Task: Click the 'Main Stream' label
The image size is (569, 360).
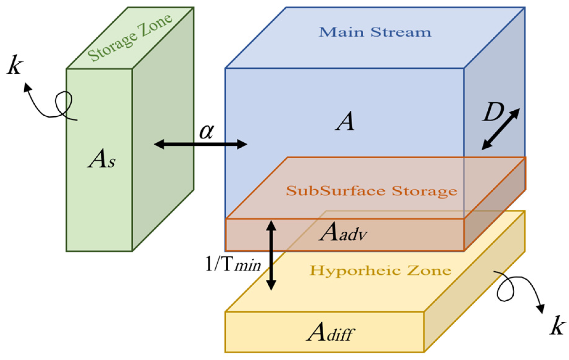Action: (x=375, y=32)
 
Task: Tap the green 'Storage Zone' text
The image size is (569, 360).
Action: (x=130, y=38)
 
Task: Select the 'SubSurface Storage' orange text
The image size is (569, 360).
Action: (x=371, y=191)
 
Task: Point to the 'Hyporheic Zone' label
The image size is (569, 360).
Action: (x=380, y=271)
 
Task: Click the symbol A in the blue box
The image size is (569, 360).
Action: (x=345, y=122)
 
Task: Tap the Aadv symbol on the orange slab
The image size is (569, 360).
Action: (x=343, y=233)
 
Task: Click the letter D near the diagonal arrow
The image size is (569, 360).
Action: (x=492, y=112)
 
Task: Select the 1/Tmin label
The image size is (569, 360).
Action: (x=233, y=264)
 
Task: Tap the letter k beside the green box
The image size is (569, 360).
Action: (x=15, y=65)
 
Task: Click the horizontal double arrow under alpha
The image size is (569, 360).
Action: (x=200, y=144)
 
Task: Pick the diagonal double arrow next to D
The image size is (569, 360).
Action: (x=500, y=129)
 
